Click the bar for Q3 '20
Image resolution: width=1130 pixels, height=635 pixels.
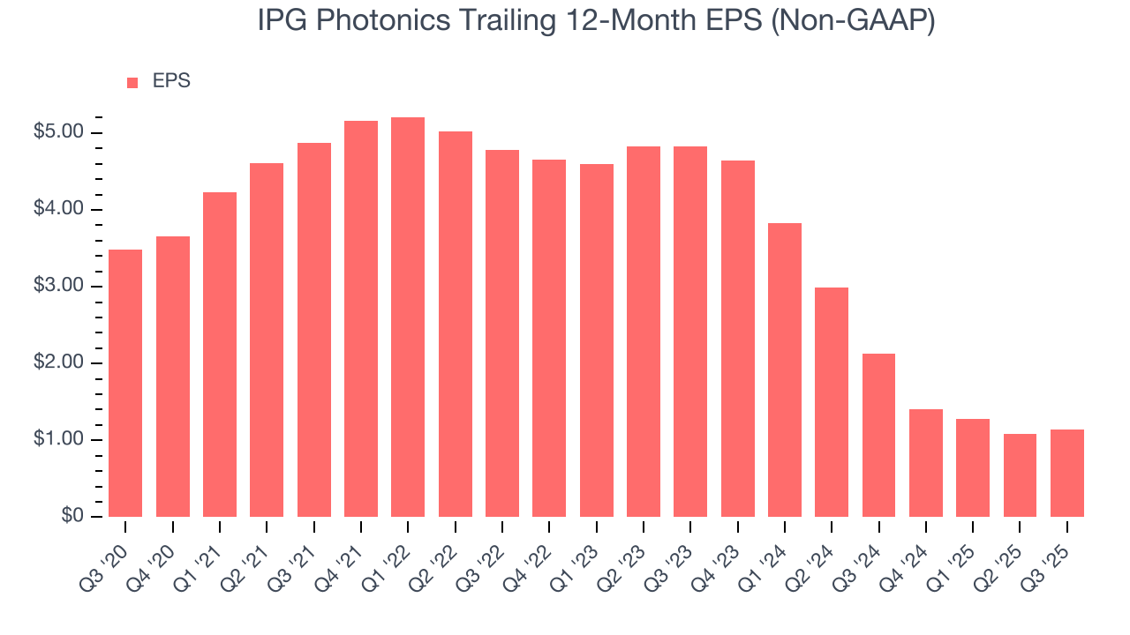(x=125, y=383)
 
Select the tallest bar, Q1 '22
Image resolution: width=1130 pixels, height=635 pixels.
(x=408, y=317)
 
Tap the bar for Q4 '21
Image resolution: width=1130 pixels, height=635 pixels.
(x=361, y=318)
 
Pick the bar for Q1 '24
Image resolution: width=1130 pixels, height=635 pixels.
(x=785, y=370)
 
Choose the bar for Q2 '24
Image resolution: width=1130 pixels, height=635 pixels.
(x=832, y=402)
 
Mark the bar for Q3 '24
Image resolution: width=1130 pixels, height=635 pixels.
(x=878, y=435)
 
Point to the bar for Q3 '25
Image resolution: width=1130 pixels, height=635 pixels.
(x=1067, y=473)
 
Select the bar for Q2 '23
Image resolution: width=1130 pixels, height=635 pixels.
(x=644, y=332)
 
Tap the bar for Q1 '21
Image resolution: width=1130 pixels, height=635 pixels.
(x=220, y=355)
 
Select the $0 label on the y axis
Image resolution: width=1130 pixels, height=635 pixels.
(x=73, y=517)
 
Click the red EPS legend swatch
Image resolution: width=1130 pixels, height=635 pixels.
(x=132, y=82)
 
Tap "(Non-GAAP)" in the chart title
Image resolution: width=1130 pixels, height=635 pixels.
(x=854, y=21)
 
